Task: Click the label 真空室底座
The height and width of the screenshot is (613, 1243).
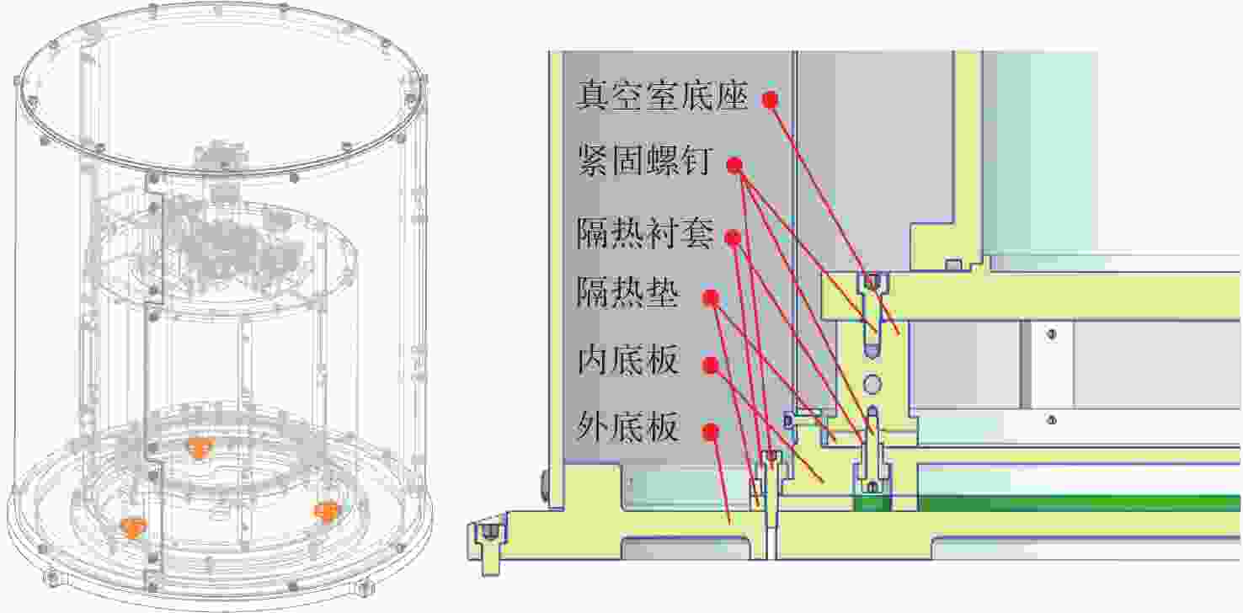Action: pyautogui.click(x=663, y=95)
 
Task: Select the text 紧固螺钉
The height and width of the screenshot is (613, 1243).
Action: pyautogui.click(x=645, y=161)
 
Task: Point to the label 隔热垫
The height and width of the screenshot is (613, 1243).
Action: pyautogui.click(x=627, y=293)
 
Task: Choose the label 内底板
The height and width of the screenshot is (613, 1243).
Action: pyautogui.click(x=627, y=360)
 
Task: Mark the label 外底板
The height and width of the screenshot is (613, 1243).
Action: pyautogui.click(x=627, y=427)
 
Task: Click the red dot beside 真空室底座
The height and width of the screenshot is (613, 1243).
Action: pyautogui.click(x=770, y=99)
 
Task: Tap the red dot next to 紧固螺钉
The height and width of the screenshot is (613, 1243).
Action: pyautogui.click(x=734, y=165)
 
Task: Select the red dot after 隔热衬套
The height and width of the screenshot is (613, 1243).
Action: pyautogui.click(x=733, y=238)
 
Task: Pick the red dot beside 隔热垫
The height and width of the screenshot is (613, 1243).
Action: pyautogui.click(x=711, y=298)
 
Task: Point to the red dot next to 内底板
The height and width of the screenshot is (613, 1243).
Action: pyautogui.click(x=710, y=365)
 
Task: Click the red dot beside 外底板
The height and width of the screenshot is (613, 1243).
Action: pyautogui.click(x=710, y=432)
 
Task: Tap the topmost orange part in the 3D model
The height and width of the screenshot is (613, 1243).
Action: pyautogui.click(x=200, y=447)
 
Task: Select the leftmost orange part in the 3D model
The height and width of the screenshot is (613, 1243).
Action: pyautogui.click(x=133, y=527)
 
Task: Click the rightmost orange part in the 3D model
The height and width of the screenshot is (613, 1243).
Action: pyautogui.click(x=327, y=511)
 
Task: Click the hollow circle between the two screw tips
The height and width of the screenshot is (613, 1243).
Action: pyautogui.click(x=872, y=383)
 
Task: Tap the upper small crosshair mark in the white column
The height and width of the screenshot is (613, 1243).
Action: pyautogui.click(x=1051, y=334)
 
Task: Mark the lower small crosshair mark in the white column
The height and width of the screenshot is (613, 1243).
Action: pyautogui.click(x=1051, y=420)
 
